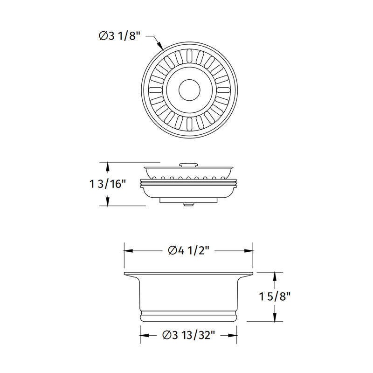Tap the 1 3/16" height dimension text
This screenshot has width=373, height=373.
coord(109,184)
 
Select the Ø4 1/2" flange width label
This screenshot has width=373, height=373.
coord(188,250)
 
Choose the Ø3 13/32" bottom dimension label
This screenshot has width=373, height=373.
coord(188,335)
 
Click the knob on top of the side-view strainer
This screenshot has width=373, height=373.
coord(189,164)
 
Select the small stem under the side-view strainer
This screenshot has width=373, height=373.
coord(189,204)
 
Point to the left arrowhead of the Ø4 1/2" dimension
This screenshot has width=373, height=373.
coord(127,250)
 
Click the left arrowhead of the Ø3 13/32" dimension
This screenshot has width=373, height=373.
coord(144,335)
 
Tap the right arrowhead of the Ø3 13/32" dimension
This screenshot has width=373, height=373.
coord(233,335)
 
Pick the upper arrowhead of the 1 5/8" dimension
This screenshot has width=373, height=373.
coord(276,275)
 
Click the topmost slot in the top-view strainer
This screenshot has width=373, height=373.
coord(189,56)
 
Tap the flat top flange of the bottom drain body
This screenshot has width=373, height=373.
coord(188,273)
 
